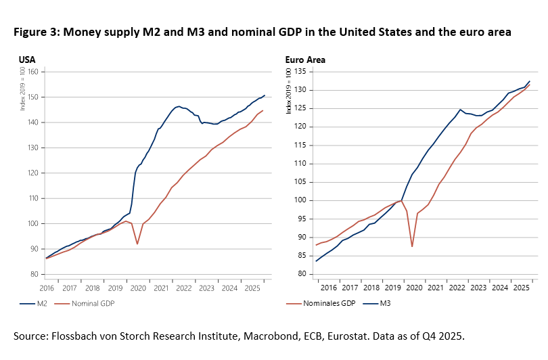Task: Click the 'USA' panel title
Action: point(26,60)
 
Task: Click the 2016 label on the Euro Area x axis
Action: point(329,286)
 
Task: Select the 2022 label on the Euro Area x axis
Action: point(457,286)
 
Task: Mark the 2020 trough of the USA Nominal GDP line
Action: point(137,244)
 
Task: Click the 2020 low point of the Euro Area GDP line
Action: point(412,246)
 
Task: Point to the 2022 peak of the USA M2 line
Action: point(178,106)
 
